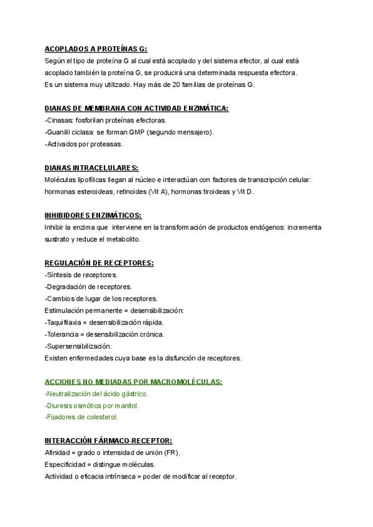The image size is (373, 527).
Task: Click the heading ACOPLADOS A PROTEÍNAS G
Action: click(96, 49)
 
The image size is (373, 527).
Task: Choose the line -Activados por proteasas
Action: click(84, 144)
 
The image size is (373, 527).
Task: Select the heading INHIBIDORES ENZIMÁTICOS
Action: click(93, 216)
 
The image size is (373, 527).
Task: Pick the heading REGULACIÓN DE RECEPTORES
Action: click(99, 263)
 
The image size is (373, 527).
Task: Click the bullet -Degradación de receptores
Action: click(88, 286)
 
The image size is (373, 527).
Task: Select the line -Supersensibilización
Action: click(78, 346)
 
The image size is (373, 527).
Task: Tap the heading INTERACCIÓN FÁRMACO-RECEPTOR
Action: click(108, 441)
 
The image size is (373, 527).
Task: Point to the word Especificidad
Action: click(66, 464)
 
